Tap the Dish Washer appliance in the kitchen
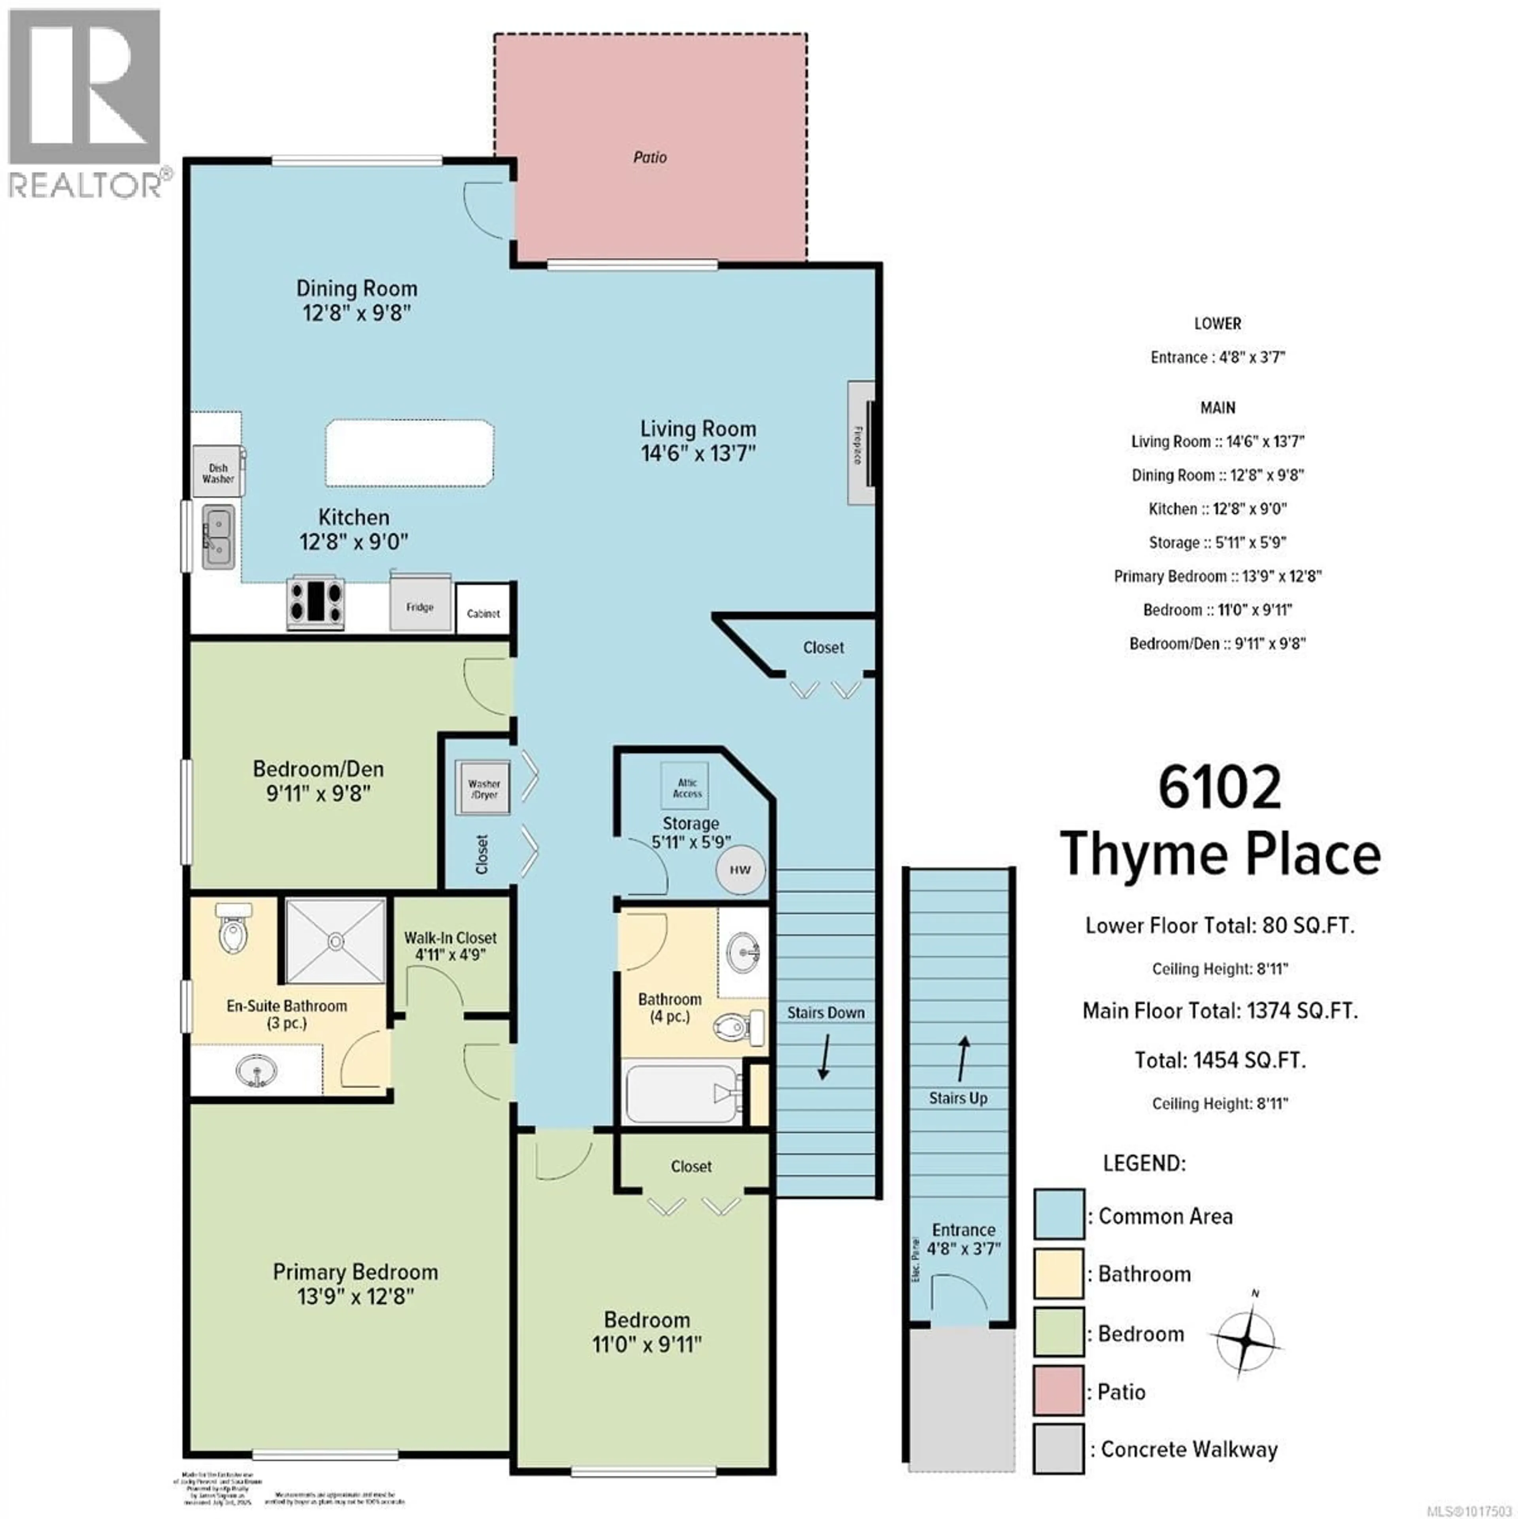[218, 472]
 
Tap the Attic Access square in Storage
[685, 786]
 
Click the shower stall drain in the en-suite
[336, 940]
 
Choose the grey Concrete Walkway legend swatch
[1058, 1449]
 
